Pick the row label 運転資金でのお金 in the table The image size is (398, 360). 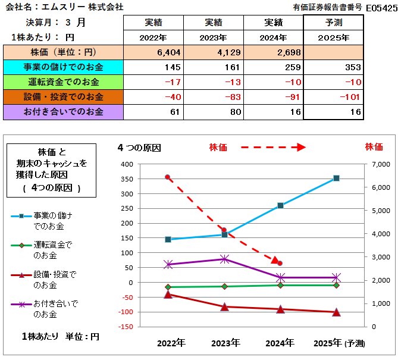(62, 82)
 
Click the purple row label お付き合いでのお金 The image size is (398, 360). (62, 111)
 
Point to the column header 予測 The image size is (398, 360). (334, 23)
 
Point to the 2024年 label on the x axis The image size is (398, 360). (280, 343)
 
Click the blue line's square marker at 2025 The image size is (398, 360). (336, 178)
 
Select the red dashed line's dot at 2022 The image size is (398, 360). (168, 177)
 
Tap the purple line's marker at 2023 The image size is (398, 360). (224, 259)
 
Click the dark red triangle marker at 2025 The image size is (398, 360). (336, 312)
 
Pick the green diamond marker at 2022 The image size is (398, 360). (168, 287)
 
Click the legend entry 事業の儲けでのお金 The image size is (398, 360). (54, 221)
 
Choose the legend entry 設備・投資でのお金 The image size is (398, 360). (54, 280)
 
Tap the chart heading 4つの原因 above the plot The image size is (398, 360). (139, 146)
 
